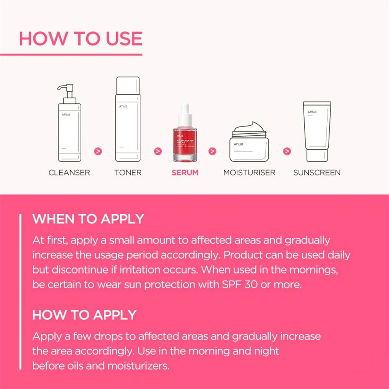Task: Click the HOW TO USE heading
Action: click(x=81, y=39)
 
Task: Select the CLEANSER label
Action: click(x=69, y=172)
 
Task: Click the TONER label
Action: click(x=128, y=172)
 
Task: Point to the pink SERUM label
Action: click(x=185, y=172)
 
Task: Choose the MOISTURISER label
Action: click(x=249, y=172)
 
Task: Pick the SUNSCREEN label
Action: click(x=317, y=172)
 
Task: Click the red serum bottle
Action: click(x=185, y=142)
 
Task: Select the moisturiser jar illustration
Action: click(x=249, y=142)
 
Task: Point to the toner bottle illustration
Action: click(x=128, y=120)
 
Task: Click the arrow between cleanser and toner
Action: click(x=98, y=151)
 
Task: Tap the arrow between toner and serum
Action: click(x=158, y=151)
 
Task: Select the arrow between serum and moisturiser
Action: click(x=212, y=151)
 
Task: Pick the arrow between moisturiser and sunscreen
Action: click(x=288, y=151)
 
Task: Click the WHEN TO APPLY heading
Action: click(x=88, y=219)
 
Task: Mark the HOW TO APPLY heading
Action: click(x=84, y=315)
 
